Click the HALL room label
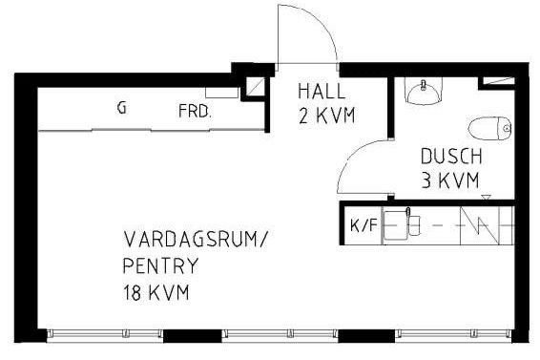pyautogui.click(x=321, y=92)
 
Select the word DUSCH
pyautogui.click(x=451, y=157)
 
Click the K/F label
pyautogui.click(x=363, y=226)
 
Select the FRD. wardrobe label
pyautogui.click(x=195, y=111)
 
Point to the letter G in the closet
pyautogui.click(x=121, y=108)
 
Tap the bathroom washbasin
pyautogui.click(x=422, y=91)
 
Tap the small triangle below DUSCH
pyautogui.click(x=487, y=198)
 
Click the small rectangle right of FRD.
pyautogui.click(x=221, y=94)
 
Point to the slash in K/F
pyautogui.click(x=363, y=226)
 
